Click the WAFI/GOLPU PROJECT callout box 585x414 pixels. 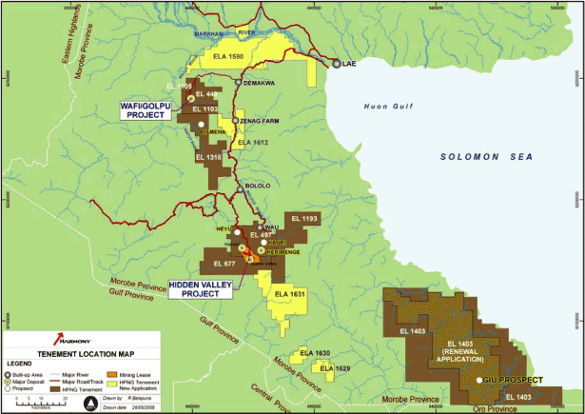pyautogui.click(x=148, y=109)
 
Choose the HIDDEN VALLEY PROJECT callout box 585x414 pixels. pyautogui.click(x=202, y=288)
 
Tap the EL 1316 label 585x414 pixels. pyautogui.click(x=208, y=156)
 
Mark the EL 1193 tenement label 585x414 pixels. pyautogui.click(x=304, y=219)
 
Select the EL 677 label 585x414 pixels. pyautogui.click(x=224, y=264)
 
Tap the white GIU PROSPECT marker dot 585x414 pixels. pyautogui.click(x=479, y=380)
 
